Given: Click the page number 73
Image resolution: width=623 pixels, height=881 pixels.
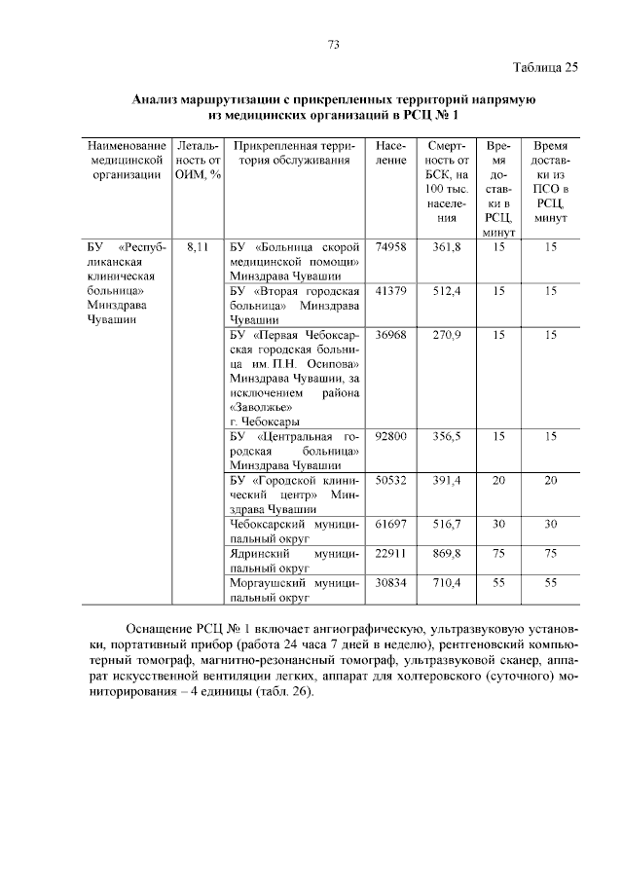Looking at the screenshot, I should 333,45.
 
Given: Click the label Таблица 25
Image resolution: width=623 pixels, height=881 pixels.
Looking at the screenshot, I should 545,67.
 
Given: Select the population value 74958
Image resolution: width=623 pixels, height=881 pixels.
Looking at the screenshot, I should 389,247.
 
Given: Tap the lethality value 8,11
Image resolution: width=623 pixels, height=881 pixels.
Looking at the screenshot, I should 198,247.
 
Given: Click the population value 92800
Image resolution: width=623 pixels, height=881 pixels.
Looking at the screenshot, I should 389,437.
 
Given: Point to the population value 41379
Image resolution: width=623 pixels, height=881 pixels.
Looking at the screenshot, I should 389,291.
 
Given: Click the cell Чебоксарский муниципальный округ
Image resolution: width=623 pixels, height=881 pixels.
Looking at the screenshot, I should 294,532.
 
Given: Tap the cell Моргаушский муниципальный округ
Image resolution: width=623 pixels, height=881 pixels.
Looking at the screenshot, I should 294,589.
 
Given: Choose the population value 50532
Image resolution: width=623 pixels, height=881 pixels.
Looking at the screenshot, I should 389,481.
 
